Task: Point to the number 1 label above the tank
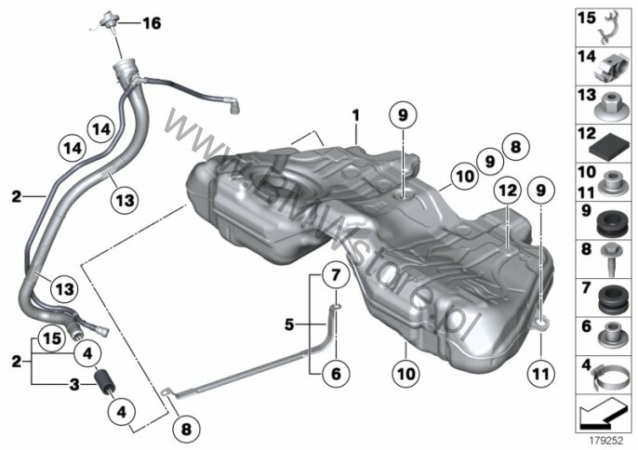click(x=354, y=115)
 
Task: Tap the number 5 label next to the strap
click(x=290, y=324)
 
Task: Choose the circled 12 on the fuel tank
click(x=505, y=191)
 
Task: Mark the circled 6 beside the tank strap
click(x=336, y=375)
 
